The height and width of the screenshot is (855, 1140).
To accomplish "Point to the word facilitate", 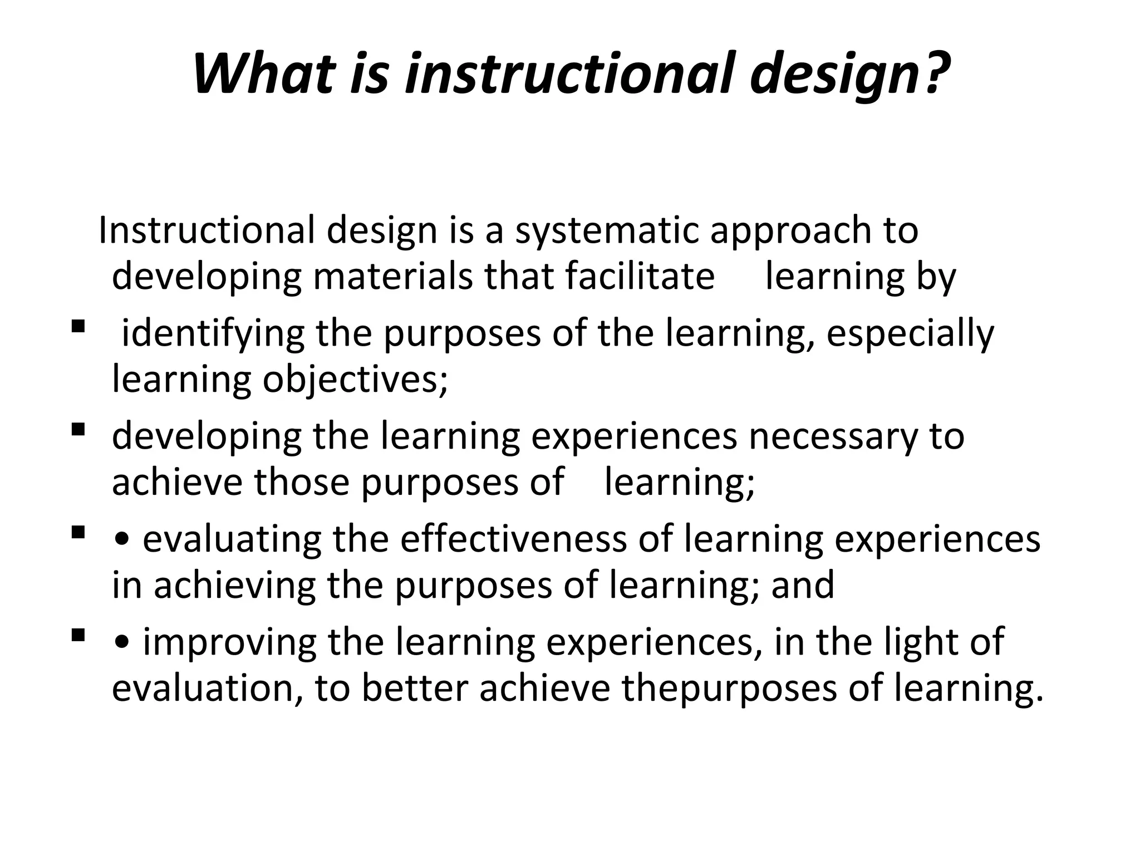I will (x=640, y=277).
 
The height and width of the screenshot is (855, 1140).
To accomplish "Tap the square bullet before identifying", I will (x=78, y=325).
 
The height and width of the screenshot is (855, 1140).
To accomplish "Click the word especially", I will (x=910, y=334).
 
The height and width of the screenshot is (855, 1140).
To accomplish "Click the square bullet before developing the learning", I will (x=78, y=429).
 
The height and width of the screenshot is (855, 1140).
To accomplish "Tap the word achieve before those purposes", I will (x=178, y=483).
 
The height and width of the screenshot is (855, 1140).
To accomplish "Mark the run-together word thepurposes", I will (x=730, y=689).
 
